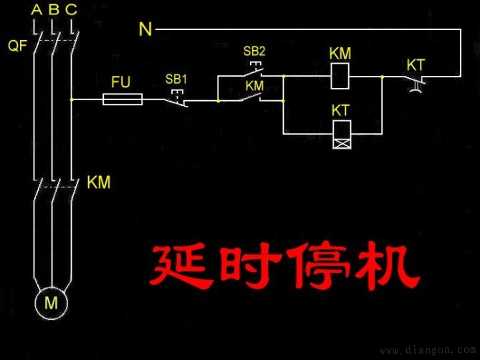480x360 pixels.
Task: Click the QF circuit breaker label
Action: coord(17,47)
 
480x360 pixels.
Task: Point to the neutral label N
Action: coord(145,29)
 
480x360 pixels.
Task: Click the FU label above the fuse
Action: coord(121,82)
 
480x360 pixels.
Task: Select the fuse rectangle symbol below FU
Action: coord(123,100)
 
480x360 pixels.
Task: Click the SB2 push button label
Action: coord(254,52)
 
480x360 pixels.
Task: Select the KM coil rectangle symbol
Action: coord(340,76)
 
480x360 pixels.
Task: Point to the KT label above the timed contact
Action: coord(416,65)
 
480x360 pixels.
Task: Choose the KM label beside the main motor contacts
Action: coord(98,183)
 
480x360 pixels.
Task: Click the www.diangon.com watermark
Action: coord(427,351)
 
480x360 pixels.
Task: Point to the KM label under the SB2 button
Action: coord(254,85)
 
